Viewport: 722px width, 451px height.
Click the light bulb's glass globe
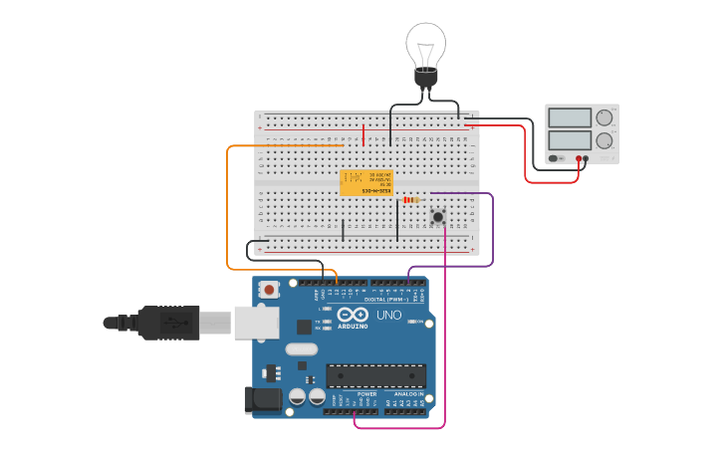click(x=426, y=44)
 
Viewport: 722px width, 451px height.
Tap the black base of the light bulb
click(x=426, y=79)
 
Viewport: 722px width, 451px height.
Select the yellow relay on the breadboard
click(x=366, y=182)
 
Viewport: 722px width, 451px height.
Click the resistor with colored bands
click(x=412, y=200)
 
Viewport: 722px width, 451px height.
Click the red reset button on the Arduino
click(x=268, y=290)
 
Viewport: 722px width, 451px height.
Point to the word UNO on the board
click(x=389, y=316)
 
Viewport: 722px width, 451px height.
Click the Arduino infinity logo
click(x=353, y=316)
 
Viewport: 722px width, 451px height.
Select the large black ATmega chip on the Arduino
click(x=376, y=375)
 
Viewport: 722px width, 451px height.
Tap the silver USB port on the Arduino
click(x=256, y=322)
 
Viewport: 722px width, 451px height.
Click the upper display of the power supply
click(x=570, y=117)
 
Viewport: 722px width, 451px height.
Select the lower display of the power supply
click(x=570, y=140)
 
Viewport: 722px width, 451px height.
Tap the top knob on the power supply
click(x=604, y=117)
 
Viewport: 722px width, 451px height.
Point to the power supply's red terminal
click(x=578, y=158)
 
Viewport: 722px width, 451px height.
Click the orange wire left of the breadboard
click(x=228, y=209)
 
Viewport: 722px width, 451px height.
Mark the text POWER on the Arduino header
click(x=367, y=394)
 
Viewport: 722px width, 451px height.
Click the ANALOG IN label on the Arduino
click(x=408, y=394)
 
